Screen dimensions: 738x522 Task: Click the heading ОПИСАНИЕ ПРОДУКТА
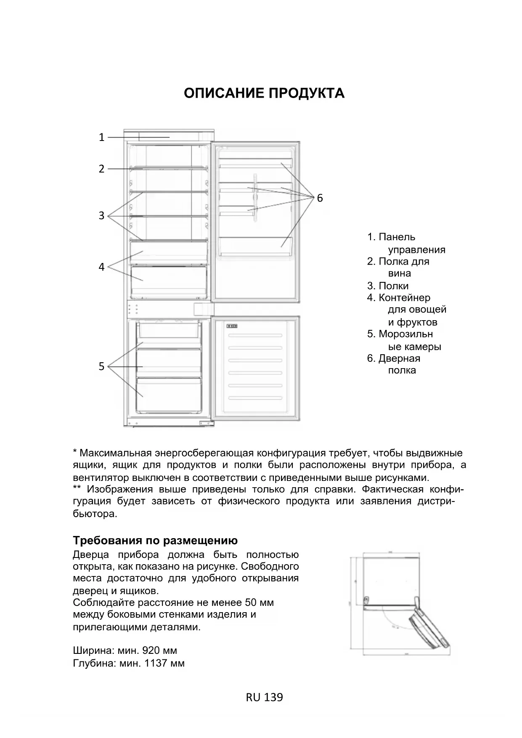(x=264, y=93)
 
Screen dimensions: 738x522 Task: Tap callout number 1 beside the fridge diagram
(x=101, y=137)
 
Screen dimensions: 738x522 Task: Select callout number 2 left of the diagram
(x=101, y=169)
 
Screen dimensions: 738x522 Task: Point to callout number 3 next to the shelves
(x=101, y=215)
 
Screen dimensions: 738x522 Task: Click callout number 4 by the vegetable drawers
(x=101, y=267)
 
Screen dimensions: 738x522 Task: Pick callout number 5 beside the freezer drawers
(x=101, y=366)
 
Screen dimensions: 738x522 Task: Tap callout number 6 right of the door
(x=320, y=198)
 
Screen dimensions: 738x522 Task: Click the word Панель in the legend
(x=397, y=237)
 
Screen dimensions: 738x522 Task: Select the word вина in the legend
(x=399, y=273)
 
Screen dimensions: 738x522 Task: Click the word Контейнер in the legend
(x=404, y=298)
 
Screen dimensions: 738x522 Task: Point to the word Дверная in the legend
(x=399, y=358)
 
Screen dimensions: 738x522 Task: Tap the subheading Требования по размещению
(x=155, y=540)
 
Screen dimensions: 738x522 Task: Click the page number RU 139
(x=264, y=697)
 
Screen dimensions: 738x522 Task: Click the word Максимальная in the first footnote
(x=115, y=453)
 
